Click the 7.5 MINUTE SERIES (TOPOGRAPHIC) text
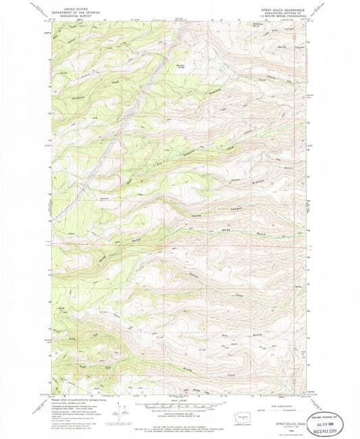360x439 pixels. [283, 17]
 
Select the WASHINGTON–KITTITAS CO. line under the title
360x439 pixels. [283, 14]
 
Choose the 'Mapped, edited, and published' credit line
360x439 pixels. [68, 398]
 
